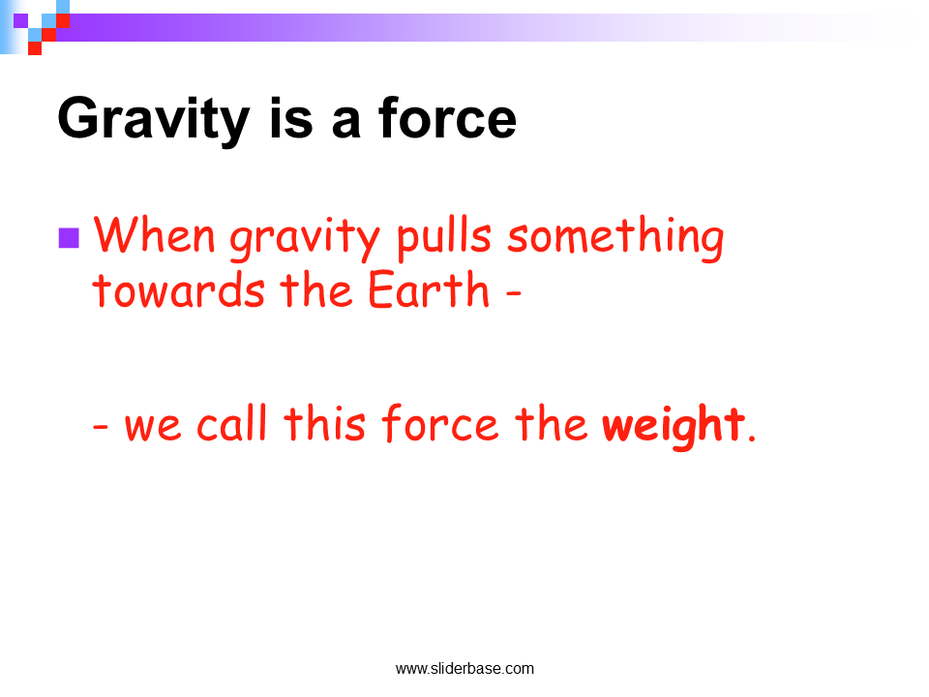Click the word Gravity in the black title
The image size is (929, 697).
(x=154, y=121)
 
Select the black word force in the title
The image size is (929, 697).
(x=447, y=118)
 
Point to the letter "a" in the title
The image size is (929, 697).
(x=346, y=124)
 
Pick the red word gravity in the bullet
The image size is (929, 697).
(x=305, y=240)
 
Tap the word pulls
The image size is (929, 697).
(x=444, y=238)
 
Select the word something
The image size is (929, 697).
(x=615, y=238)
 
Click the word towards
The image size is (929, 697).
(x=178, y=289)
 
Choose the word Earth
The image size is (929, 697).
(x=429, y=288)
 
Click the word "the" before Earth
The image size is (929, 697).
(x=316, y=288)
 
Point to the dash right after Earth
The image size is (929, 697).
(x=513, y=291)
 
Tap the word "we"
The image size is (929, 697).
(x=152, y=427)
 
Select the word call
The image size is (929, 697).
(x=231, y=423)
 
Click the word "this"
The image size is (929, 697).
(x=325, y=423)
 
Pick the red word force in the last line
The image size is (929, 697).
(x=440, y=423)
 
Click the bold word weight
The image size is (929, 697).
(x=674, y=426)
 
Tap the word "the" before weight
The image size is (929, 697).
(x=551, y=423)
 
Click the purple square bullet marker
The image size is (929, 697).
(x=69, y=238)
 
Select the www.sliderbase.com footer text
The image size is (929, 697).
(x=464, y=669)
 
